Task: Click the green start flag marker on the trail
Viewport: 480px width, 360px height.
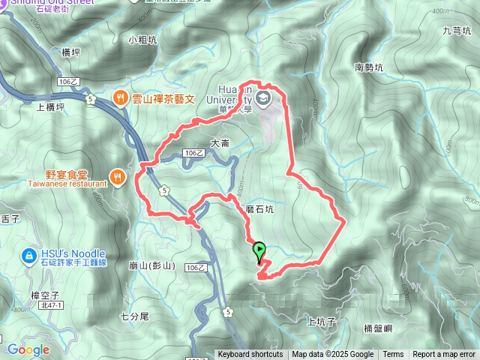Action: click(260, 251)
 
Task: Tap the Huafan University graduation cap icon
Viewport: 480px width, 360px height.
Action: click(264, 98)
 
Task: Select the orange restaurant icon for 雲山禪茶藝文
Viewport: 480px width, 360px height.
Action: click(119, 97)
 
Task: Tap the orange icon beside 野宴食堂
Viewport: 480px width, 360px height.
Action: click(117, 177)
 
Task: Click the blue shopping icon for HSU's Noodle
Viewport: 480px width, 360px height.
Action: click(28, 256)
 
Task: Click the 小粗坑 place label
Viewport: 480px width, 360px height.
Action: click(142, 40)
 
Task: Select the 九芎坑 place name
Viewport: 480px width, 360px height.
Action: click(455, 31)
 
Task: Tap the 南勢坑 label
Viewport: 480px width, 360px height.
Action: click(369, 67)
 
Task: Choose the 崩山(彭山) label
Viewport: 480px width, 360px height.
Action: click(151, 265)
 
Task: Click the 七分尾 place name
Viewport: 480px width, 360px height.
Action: click(135, 316)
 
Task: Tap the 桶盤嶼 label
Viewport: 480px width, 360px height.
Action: click(378, 328)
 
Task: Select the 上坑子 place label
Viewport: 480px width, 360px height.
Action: click(320, 321)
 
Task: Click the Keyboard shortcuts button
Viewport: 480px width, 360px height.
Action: click(250, 355)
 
